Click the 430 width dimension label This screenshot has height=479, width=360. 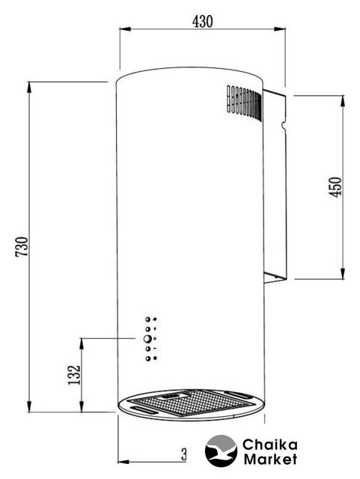[202, 22]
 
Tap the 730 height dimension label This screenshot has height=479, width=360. [22, 246]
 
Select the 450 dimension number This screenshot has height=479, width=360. [335, 187]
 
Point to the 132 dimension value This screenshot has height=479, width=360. [74, 375]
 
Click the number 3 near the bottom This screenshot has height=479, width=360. [183, 454]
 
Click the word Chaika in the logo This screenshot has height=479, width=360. [269, 445]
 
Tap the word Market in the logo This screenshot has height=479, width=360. [270, 459]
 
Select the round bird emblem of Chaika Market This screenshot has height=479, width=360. [221, 451]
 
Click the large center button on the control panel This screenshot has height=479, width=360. [147, 339]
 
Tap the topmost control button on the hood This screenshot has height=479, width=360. [148, 320]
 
